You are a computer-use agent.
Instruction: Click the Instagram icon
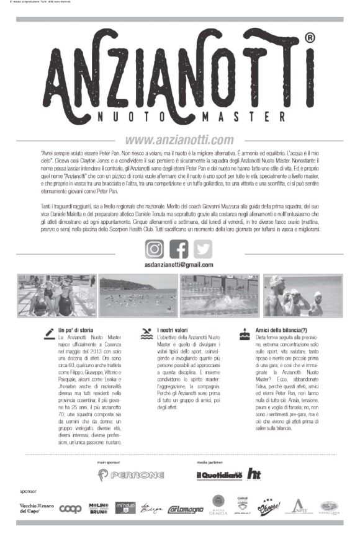point(155,248)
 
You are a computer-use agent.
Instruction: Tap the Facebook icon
point(179,248)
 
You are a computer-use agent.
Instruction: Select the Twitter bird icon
point(202,248)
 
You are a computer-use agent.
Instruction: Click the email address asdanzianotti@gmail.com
point(179,264)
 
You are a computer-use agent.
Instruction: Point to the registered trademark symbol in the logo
point(310,38)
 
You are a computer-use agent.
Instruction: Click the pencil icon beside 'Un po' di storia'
point(48,332)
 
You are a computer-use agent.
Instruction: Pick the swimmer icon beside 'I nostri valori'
point(147,332)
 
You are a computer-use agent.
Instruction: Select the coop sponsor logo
point(70,509)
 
